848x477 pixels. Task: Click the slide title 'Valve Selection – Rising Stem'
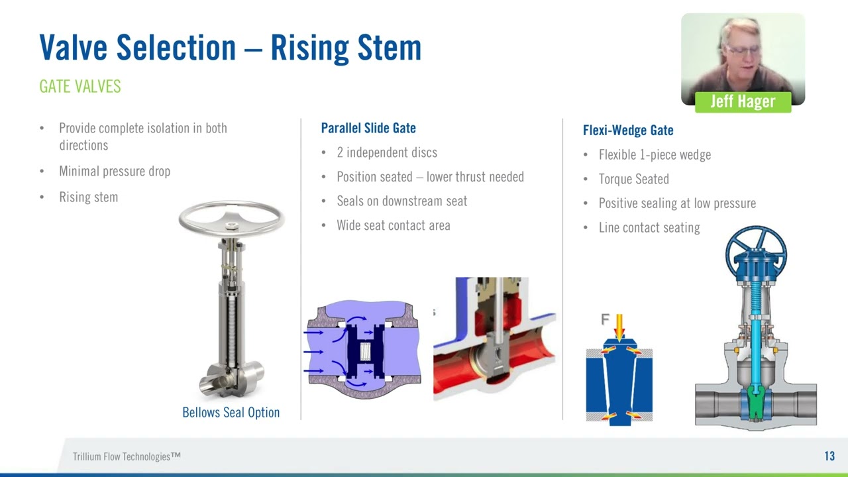(x=230, y=48)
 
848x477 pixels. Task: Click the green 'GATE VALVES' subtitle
(x=80, y=87)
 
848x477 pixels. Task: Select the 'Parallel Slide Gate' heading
(x=368, y=129)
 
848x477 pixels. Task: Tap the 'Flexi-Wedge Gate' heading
(x=628, y=131)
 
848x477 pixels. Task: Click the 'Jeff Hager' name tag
(x=743, y=101)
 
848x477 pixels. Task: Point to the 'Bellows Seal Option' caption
(x=231, y=412)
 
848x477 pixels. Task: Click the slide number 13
(x=829, y=456)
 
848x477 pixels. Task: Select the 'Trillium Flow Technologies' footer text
(x=127, y=456)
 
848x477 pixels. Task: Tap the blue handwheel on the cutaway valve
(x=756, y=252)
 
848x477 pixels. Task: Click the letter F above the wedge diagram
(x=605, y=320)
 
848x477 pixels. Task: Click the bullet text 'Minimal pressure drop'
(x=115, y=172)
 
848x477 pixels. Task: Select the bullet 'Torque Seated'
(x=633, y=180)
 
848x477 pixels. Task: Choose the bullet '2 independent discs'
(x=387, y=153)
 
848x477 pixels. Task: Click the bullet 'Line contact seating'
(x=649, y=228)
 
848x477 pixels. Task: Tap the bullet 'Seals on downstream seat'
(x=401, y=201)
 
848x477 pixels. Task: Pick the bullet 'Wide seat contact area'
(x=394, y=226)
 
